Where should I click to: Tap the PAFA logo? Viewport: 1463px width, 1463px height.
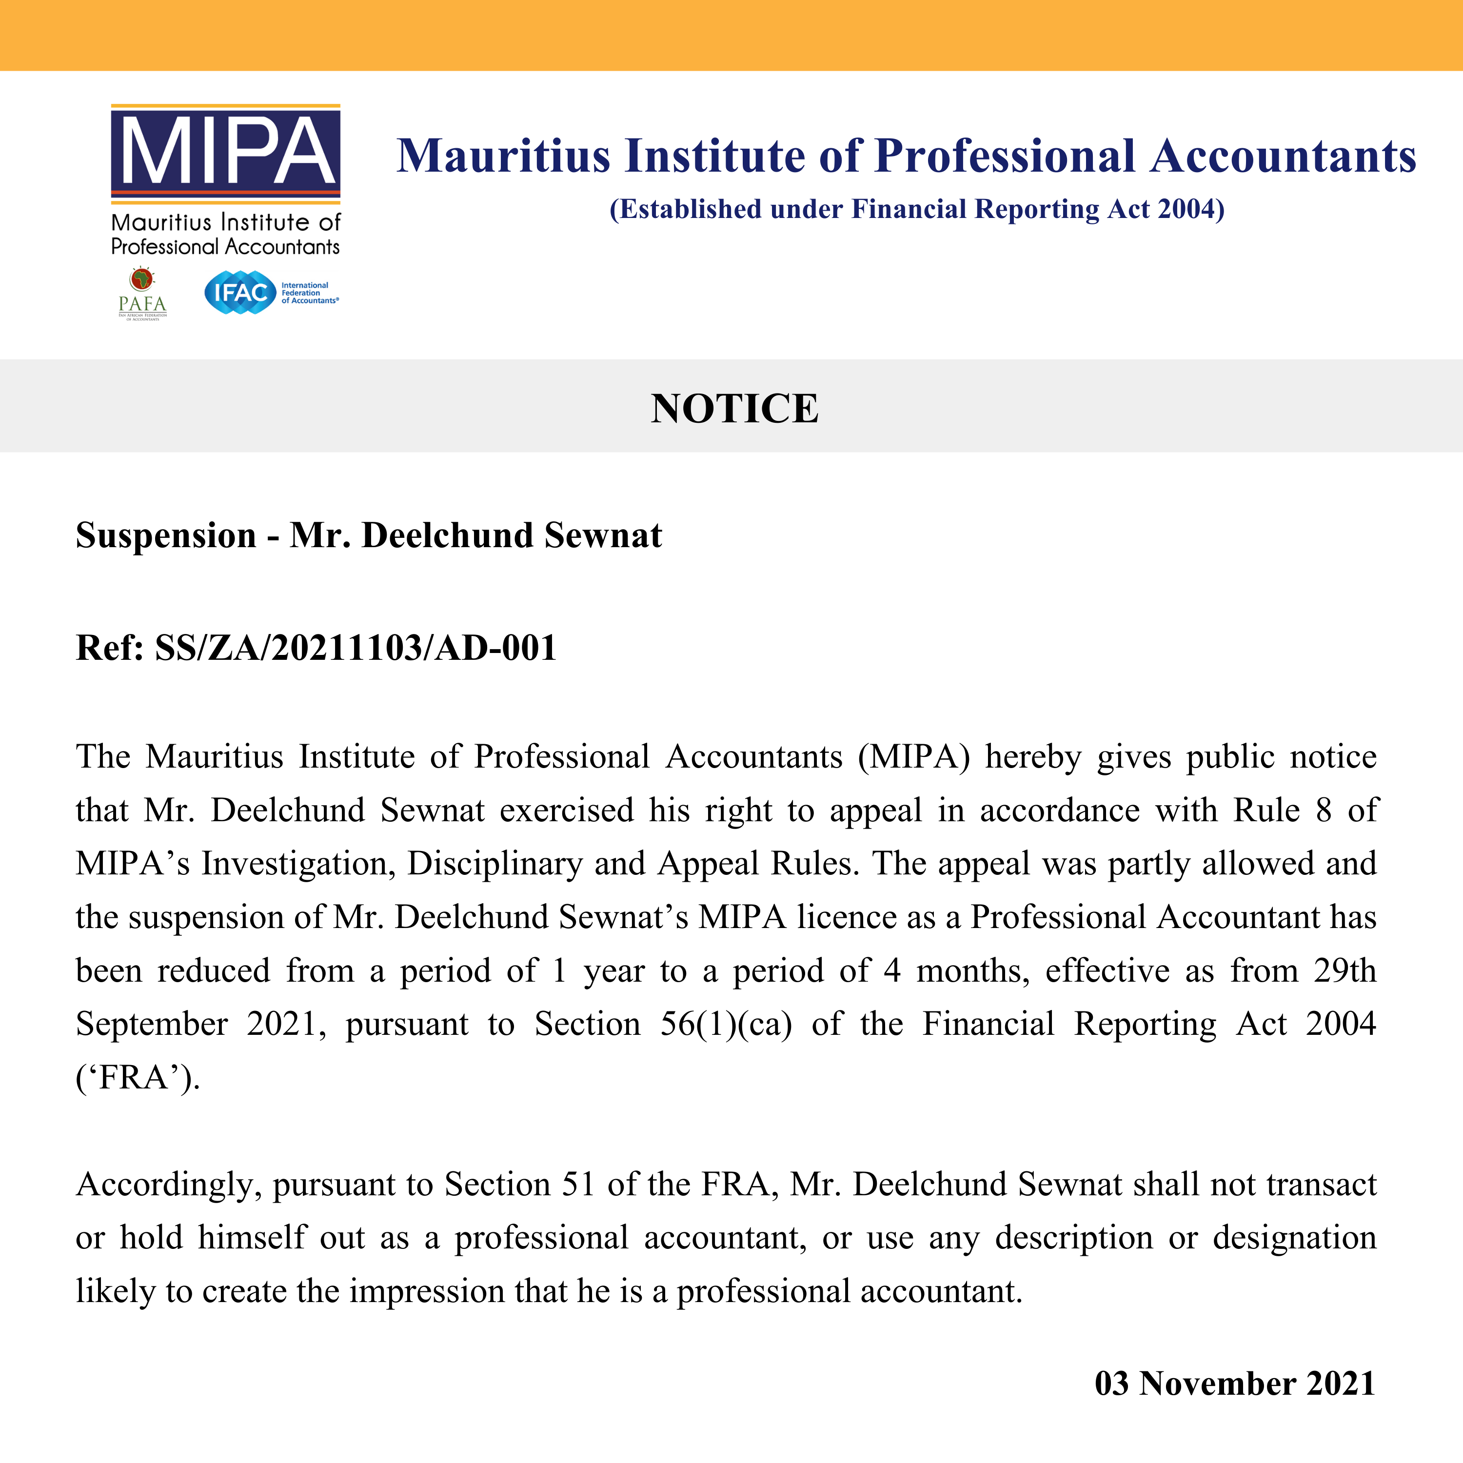[142, 294]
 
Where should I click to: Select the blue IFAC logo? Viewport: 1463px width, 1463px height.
[239, 292]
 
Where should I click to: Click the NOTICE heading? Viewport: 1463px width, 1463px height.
[734, 409]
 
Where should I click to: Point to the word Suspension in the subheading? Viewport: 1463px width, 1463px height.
[166, 535]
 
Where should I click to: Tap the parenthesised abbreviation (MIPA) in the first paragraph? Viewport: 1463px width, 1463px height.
[913, 756]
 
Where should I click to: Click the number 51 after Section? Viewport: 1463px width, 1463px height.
[578, 1185]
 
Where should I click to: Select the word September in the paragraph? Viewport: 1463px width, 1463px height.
[152, 1024]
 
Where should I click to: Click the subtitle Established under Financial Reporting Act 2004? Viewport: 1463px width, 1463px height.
[916, 209]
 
